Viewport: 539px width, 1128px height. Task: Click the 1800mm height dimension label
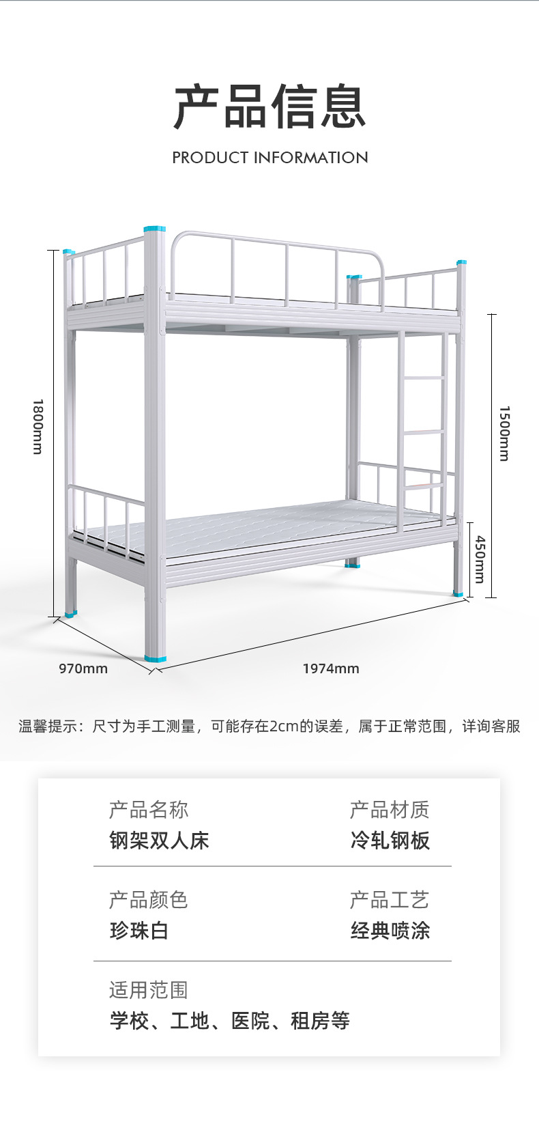38,427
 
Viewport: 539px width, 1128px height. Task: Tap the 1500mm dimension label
504,434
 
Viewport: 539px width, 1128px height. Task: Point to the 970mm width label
83,668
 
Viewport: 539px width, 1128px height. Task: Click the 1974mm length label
331,668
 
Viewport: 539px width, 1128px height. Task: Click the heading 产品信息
270,107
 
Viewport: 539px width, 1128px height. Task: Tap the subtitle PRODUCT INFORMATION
270,158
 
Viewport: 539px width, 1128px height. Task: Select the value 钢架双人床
159,840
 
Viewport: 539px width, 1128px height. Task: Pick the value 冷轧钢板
390,840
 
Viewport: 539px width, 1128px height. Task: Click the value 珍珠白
139,930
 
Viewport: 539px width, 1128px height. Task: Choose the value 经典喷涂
390,930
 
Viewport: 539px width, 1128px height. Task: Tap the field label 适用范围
148,989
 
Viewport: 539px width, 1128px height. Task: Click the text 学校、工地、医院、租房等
229,1021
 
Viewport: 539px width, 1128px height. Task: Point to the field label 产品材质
390,810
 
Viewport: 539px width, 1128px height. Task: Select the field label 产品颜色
148,900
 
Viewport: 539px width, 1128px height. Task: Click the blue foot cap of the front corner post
155,659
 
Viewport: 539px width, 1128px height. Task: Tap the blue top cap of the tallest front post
154,229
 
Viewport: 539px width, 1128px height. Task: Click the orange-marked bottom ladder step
422,486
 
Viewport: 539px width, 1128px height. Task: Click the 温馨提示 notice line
269,727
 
